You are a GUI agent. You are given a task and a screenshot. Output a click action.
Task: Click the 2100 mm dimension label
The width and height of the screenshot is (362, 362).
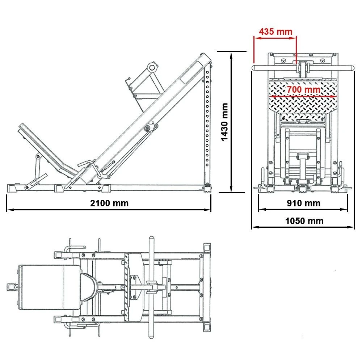109,203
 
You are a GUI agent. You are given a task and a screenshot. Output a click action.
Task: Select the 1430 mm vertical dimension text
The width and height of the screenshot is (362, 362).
224,122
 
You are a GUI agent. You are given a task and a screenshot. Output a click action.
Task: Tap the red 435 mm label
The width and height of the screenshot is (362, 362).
275,31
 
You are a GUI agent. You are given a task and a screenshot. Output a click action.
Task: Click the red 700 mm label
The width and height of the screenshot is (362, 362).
303,89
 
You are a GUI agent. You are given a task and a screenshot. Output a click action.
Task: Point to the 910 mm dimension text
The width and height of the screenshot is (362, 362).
303,203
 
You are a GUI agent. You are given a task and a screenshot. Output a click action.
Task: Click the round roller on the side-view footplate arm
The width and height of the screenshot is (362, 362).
152,67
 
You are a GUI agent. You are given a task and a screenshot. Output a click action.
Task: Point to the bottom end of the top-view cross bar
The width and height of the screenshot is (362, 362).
152,335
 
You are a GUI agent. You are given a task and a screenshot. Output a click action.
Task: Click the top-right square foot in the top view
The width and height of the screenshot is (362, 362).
207,248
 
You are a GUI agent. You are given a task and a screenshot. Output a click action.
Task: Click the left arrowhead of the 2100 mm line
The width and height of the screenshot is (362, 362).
8,210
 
